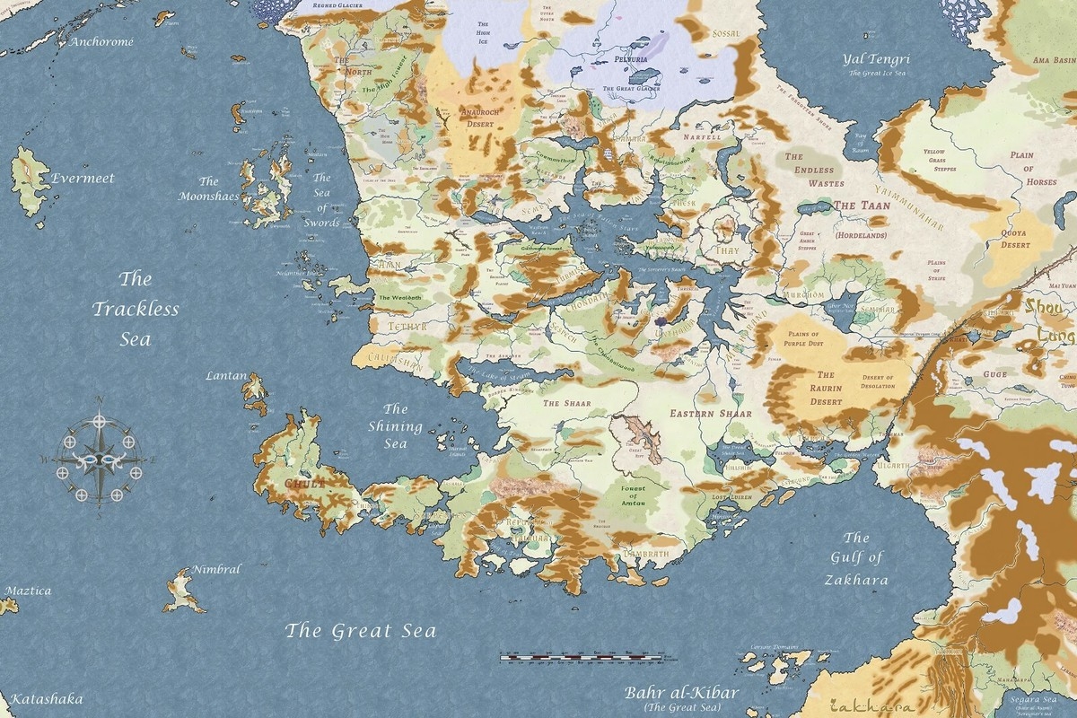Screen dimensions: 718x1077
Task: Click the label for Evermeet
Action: pyautogui.click(x=83, y=178)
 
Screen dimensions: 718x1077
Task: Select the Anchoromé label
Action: pyautogui.click(x=101, y=41)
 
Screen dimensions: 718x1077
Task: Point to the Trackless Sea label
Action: pyautogui.click(x=136, y=310)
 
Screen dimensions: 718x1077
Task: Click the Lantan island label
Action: pyautogui.click(x=225, y=375)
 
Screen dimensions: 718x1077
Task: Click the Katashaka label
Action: pyautogui.click(x=42, y=698)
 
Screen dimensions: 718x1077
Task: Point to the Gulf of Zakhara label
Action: pyautogui.click(x=856, y=558)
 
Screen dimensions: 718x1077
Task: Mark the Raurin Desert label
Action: pyautogui.click(x=826, y=388)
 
